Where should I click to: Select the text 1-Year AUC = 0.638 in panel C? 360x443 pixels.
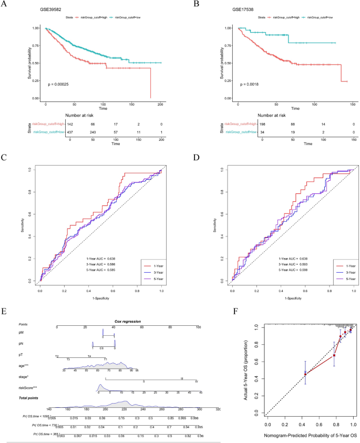102,259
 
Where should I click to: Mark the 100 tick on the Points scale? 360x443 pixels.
198,327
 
